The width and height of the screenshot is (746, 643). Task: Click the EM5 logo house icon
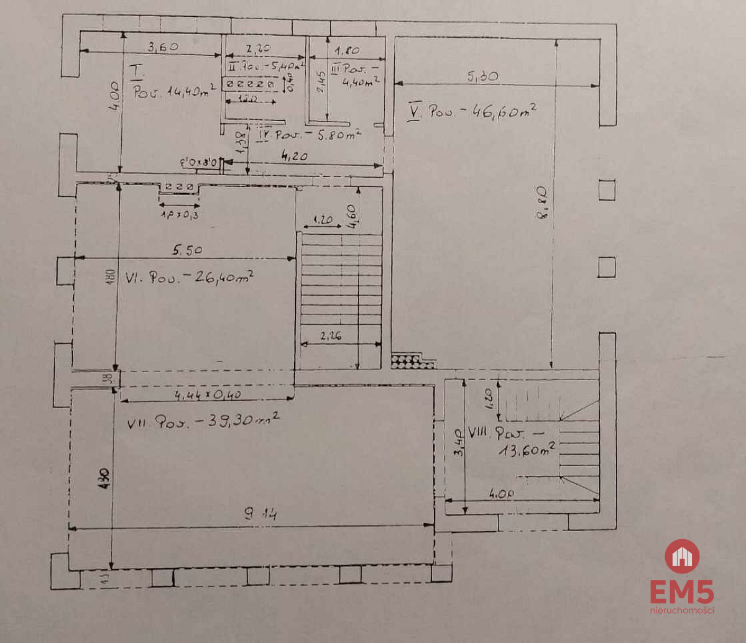coord(682,556)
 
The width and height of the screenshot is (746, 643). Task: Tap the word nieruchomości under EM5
coord(682,610)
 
